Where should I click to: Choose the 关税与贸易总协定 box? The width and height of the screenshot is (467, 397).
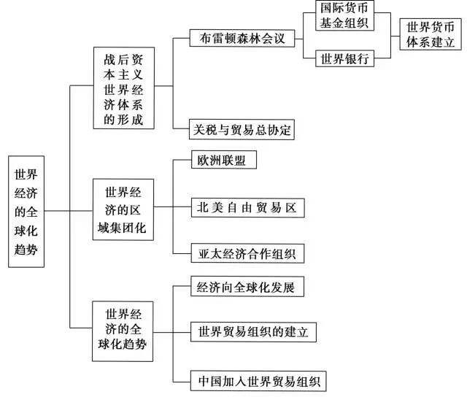click(241, 130)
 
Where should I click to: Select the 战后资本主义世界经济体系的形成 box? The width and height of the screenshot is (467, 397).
click(125, 88)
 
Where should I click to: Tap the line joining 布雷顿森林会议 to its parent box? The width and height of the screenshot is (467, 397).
click(181, 37)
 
